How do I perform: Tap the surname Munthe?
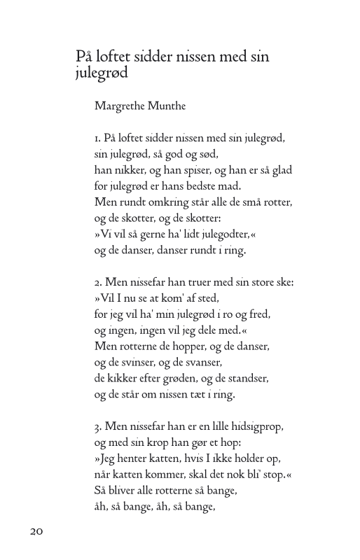[x=168, y=107]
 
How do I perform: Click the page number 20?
[x=37, y=531]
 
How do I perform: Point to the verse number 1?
[x=97, y=138]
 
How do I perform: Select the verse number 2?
[x=97, y=283]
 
